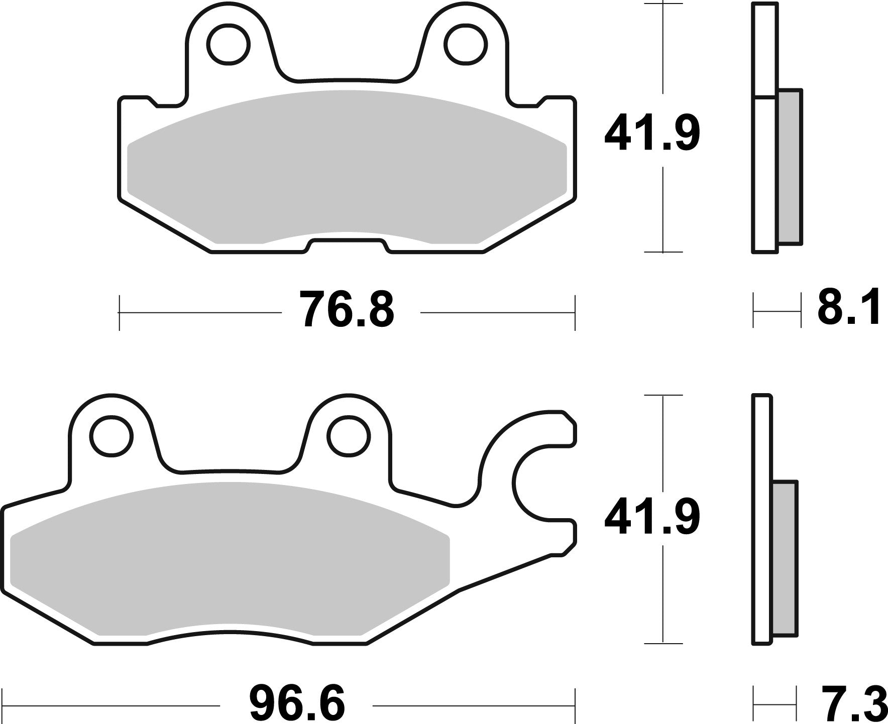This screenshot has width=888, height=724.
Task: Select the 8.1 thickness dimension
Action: pyautogui.click(x=848, y=307)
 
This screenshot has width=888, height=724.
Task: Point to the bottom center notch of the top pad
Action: pyautogui.click(x=347, y=246)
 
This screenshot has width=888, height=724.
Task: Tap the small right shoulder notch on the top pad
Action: pyautogui.click(x=540, y=102)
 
